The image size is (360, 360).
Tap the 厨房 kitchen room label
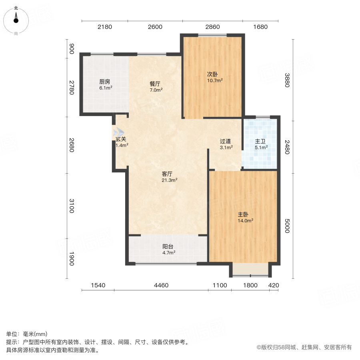[x=105, y=82]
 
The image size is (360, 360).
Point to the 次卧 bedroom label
[x=212, y=74]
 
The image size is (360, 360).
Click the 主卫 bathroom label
[x=261, y=141]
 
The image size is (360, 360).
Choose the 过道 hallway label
[x=225, y=141]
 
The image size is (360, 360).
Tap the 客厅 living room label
[x=167, y=174]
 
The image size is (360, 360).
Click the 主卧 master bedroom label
[x=243, y=214]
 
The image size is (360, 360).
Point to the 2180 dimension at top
[x=105, y=27]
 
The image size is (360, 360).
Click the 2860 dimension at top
[x=212, y=27]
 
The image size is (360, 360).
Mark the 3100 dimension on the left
[x=72, y=206]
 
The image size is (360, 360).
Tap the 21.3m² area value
[x=170, y=180]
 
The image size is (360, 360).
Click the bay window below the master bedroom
[x=250, y=270]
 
